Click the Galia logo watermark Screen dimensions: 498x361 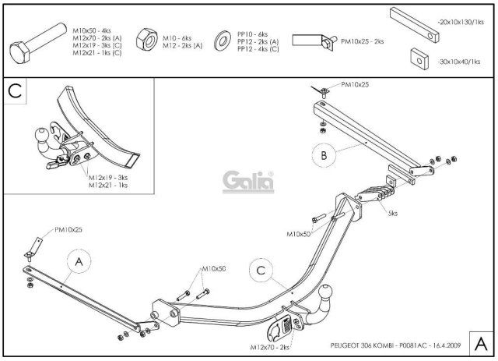coord(248,182)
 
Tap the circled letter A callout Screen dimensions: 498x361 coord(79,262)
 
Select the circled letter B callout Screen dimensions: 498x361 coord(324,155)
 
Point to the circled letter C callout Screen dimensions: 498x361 coord(261,271)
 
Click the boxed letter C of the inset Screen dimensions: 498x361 coord(15,90)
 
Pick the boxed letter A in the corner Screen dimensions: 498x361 coord(481,344)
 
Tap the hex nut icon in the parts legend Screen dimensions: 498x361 coord(147,39)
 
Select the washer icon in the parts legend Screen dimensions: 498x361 coord(223,41)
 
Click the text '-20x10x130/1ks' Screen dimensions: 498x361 coord(461,22)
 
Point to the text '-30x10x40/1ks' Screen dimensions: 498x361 coord(458,62)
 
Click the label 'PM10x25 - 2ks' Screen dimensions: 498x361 coord(363,41)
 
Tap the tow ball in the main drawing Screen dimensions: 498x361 coord(326,292)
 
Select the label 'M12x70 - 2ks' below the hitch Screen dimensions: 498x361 coord(270,347)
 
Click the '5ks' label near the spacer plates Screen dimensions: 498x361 coord(392,213)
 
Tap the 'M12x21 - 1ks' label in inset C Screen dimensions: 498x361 coord(108,185)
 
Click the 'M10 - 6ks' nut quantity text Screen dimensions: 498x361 coord(177,38)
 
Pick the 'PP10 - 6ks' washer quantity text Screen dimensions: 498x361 coord(252,34)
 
